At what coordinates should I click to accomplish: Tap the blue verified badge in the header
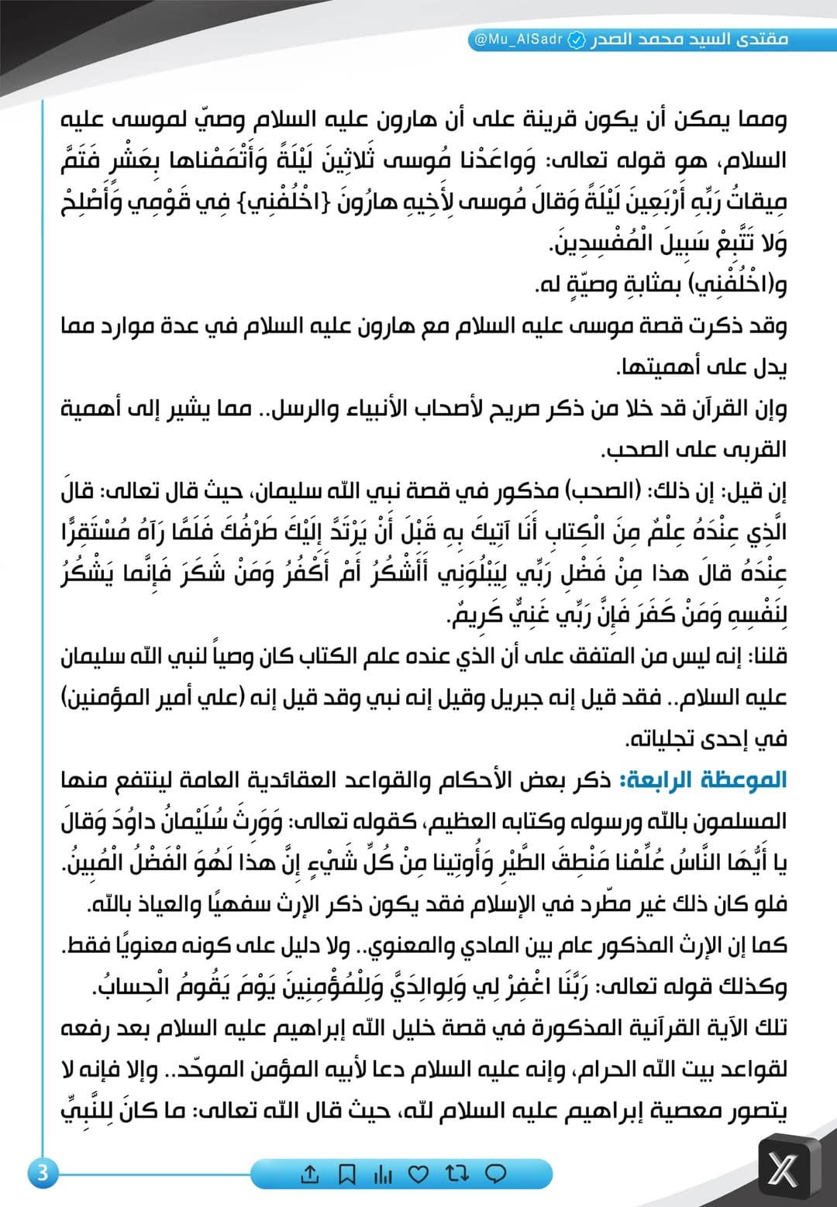[577, 40]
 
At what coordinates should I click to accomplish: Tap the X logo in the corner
[782, 1169]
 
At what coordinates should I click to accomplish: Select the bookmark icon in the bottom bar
[347, 1174]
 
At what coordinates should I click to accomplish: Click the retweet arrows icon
[457, 1174]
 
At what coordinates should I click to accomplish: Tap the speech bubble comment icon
[495, 1174]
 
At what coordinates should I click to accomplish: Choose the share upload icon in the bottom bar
[309, 1174]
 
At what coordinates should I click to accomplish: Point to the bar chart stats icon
[383, 1174]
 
